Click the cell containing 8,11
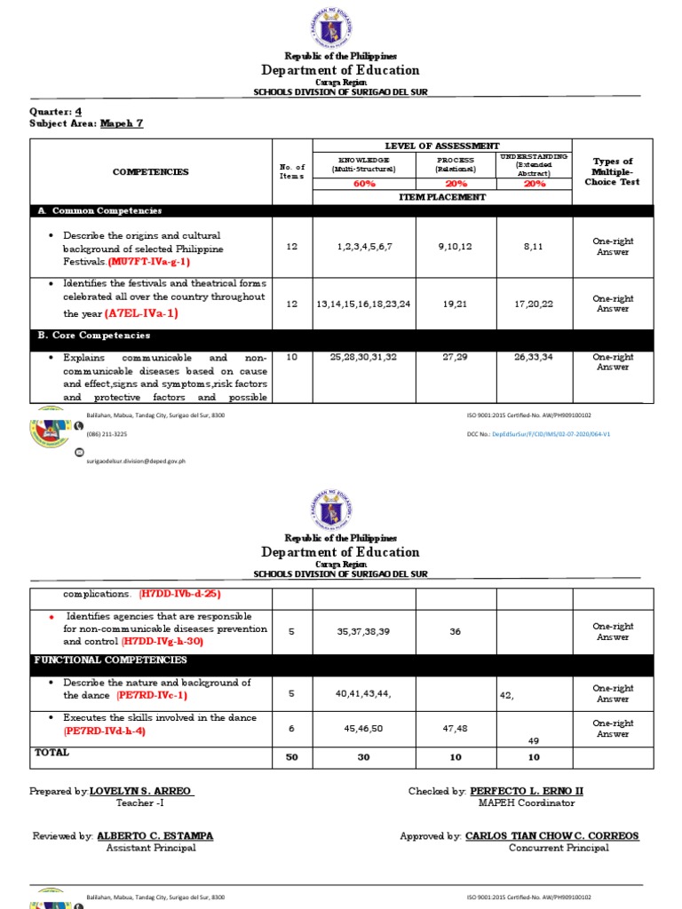click(534, 247)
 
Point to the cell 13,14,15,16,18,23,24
click(363, 304)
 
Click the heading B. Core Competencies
click(94, 336)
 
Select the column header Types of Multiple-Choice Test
click(612, 171)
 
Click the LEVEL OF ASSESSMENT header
click(441, 146)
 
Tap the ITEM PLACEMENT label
click(441, 197)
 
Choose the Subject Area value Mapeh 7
click(122, 124)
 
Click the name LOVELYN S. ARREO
click(141, 791)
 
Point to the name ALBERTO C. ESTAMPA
click(155, 836)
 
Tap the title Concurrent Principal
click(559, 848)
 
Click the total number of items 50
click(291, 757)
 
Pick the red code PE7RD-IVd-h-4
click(104, 731)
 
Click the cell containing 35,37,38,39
click(363, 631)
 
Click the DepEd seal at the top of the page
click(341, 27)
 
